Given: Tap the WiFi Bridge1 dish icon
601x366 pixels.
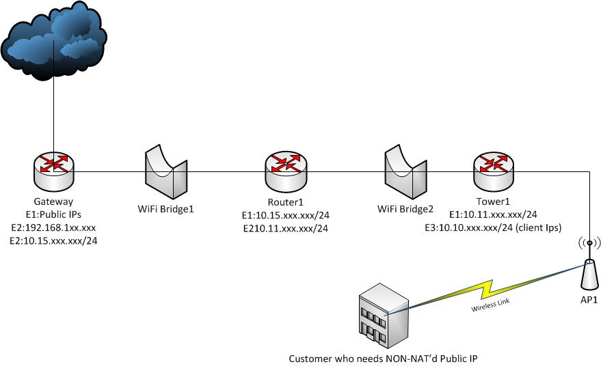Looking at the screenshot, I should click(x=166, y=169).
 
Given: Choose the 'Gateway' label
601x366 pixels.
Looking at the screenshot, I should click(x=53, y=202).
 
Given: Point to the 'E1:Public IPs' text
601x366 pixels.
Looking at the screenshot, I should click(x=53, y=214).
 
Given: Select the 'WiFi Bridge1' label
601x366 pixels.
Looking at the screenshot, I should click(x=166, y=208).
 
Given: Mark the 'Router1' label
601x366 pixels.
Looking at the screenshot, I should click(x=286, y=202).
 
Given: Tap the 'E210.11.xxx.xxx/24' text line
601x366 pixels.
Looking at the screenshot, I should click(x=286, y=228).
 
